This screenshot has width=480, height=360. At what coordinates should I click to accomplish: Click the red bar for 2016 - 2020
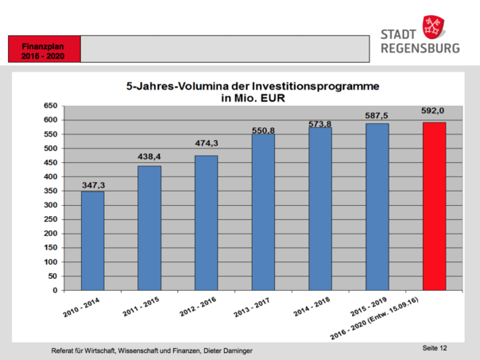click(434, 206)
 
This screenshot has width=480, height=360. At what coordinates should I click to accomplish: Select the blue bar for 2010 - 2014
click(92, 241)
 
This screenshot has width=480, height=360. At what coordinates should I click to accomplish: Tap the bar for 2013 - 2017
click(263, 211)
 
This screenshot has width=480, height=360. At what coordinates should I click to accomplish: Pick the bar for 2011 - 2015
click(149, 227)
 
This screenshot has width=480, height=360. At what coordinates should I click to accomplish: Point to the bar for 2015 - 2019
click(377, 207)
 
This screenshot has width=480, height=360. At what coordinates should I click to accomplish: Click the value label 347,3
click(94, 185)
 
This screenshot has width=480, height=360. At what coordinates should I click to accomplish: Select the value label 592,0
click(434, 112)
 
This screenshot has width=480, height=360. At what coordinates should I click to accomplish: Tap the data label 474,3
click(207, 143)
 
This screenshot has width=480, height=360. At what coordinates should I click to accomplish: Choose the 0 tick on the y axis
click(53, 291)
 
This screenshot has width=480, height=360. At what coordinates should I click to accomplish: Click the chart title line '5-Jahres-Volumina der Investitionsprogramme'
click(253, 85)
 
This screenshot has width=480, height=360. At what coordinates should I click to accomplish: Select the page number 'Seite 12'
click(435, 348)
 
